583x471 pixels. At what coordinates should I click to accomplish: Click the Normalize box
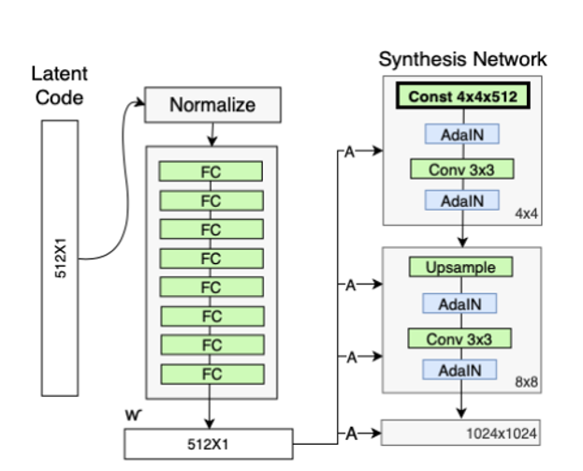pyautogui.click(x=211, y=105)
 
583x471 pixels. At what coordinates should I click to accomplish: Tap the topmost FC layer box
pyautogui.click(x=211, y=171)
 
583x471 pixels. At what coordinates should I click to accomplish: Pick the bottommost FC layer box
pyautogui.click(x=211, y=374)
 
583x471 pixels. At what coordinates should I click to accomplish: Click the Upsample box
pyautogui.click(x=459, y=268)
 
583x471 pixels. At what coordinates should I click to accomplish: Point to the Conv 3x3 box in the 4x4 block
pyautogui.click(x=459, y=170)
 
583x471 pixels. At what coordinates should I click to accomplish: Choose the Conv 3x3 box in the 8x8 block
pyautogui.click(x=459, y=338)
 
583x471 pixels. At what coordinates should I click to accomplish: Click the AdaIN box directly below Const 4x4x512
pyautogui.click(x=459, y=134)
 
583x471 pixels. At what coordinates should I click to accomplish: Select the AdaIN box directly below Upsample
pyautogui.click(x=459, y=303)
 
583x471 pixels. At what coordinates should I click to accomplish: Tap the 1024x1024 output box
pyautogui.click(x=460, y=434)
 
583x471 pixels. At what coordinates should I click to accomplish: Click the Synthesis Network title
pyautogui.click(x=462, y=60)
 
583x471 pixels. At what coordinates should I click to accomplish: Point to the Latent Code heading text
pyautogui.click(x=58, y=86)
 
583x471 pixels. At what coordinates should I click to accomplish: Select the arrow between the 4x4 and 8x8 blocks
pyautogui.click(x=460, y=236)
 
